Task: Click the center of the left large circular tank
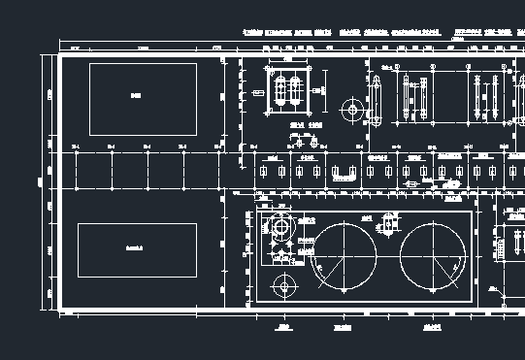[x=344, y=257]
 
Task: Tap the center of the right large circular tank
[x=433, y=257]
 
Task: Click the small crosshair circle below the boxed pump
[x=283, y=285]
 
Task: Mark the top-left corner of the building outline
[x=59, y=54]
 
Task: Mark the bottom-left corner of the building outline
[x=59, y=310]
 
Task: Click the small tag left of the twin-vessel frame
[x=258, y=91]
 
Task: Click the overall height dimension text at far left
[x=40, y=181]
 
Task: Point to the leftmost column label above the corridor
[x=76, y=146]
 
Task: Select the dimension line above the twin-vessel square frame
[x=289, y=61]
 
